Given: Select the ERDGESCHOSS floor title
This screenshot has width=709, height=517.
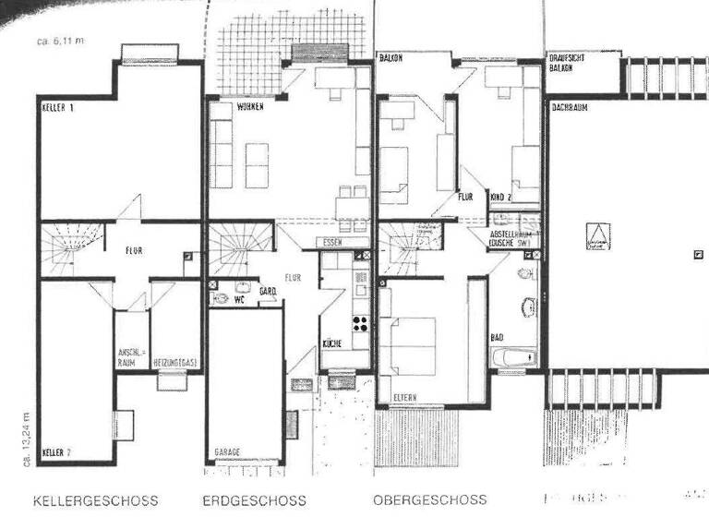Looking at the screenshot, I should (x=256, y=500).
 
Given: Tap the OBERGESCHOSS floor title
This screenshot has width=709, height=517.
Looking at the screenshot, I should (x=429, y=500).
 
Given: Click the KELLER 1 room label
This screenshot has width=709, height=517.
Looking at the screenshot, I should (x=58, y=108).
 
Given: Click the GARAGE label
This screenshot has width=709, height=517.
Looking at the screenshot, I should (x=226, y=451).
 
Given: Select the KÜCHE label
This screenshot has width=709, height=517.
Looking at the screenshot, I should (x=332, y=343).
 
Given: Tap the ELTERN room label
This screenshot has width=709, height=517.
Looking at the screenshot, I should (x=403, y=398).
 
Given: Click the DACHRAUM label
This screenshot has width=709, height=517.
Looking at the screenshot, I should (x=571, y=108).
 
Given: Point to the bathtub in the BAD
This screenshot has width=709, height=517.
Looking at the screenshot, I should (x=513, y=356).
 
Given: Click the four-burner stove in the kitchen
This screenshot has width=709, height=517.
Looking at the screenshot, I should (x=359, y=323).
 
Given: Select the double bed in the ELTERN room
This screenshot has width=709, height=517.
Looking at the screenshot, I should (x=411, y=346).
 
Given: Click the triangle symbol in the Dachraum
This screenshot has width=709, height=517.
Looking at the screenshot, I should (x=598, y=238).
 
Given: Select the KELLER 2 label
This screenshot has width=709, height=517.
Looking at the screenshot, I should (x=56, y=452).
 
